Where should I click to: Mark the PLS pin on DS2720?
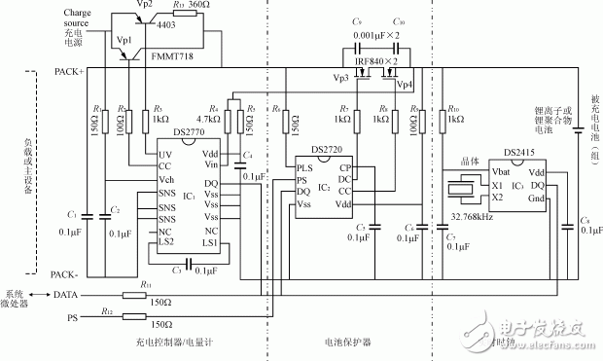click(x=305, y=167)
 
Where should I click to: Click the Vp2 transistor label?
click(x=145, y=6)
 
